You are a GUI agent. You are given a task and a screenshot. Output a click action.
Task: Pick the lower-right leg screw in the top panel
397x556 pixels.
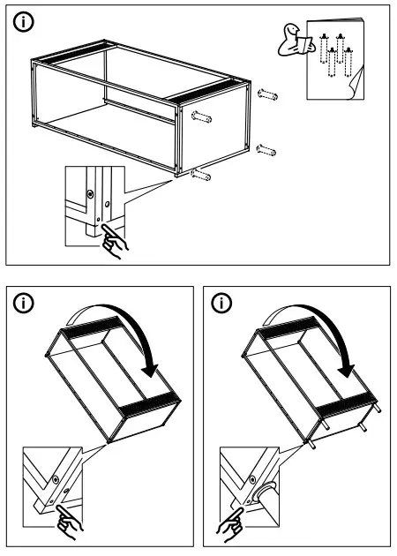(265, 149)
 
